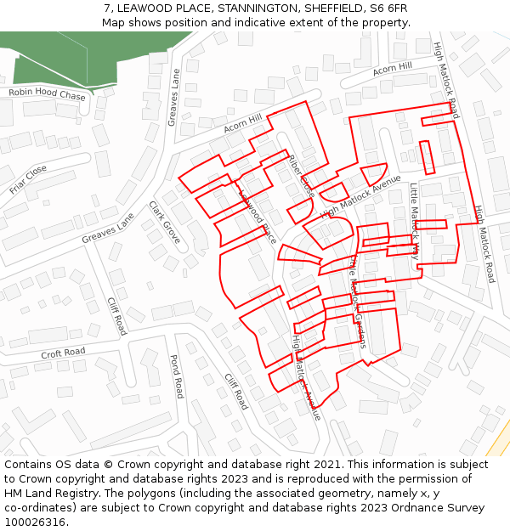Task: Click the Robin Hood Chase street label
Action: click(48, 95)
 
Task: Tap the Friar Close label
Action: click(28, 179)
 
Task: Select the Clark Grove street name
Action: click(164, 223)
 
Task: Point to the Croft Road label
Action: click(63, 352)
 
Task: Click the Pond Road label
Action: click(177, 376)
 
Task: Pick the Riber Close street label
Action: click(301, 177)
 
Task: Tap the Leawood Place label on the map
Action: click(258, 216)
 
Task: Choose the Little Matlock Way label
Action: click(414, 220)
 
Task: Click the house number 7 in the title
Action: click(107, 8)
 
